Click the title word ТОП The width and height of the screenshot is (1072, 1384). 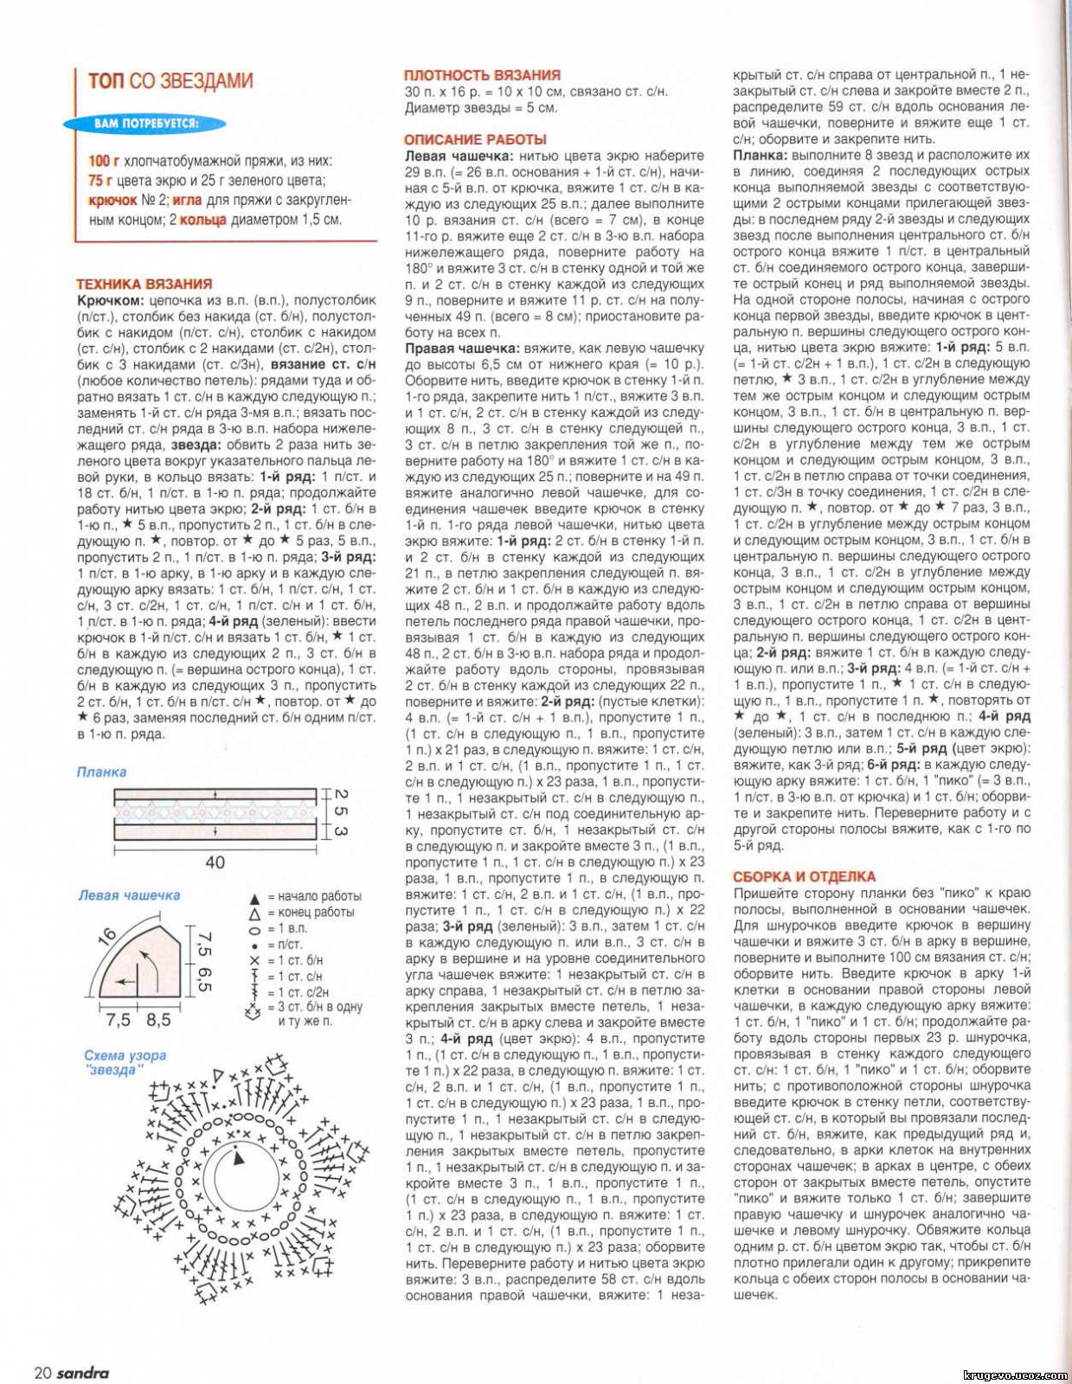point(106,81)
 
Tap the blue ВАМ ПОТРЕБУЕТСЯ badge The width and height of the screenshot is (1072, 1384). point(146,124)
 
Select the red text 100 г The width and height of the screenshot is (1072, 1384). point(104,162)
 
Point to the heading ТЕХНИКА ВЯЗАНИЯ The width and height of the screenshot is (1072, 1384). point(144,284)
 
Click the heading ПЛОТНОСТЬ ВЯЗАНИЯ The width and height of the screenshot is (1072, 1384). point(482,75)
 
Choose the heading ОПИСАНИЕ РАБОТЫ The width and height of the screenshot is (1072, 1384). point(475,139)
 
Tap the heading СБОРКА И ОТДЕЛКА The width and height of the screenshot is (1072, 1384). point(804,876)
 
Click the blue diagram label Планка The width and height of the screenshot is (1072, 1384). point(101,772)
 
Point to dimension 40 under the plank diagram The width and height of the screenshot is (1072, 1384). point(215,862)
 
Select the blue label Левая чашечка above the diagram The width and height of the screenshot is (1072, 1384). point(129,895)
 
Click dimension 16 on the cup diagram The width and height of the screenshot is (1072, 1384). point(107,937)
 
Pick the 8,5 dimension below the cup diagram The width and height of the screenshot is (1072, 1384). point(158,1020)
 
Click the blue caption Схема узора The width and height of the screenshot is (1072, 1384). point(125,1055)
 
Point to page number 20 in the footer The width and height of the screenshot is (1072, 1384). point(43,1373)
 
